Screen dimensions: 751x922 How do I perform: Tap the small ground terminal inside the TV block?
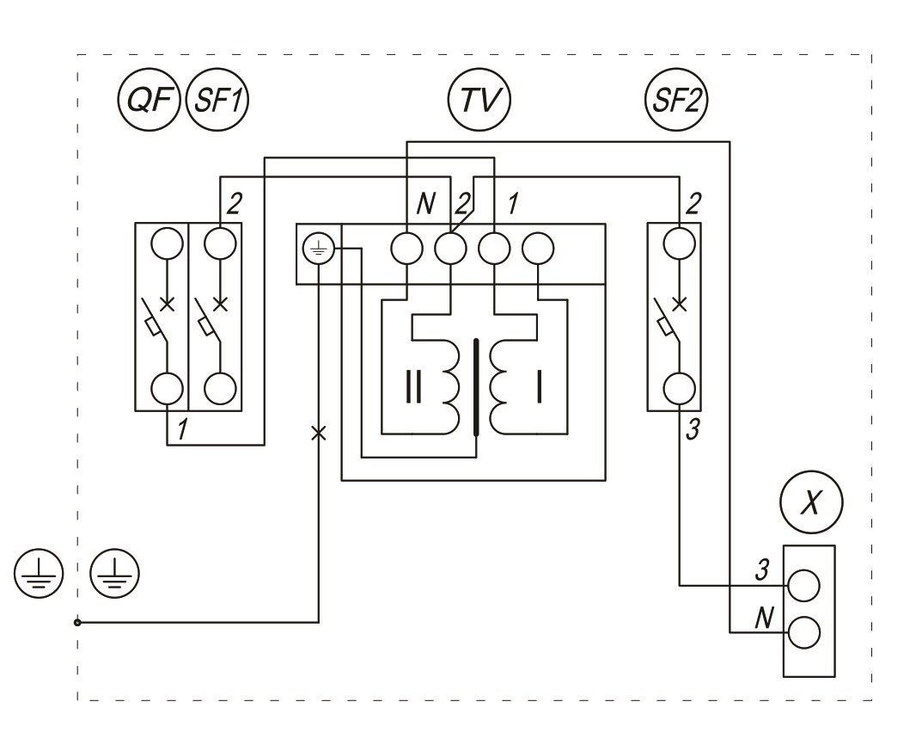(319, 250)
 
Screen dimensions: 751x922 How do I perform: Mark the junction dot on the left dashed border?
(77, 621)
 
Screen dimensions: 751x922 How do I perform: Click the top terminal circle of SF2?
(680, 243)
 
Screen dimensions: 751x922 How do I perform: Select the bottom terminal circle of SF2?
(680, 388)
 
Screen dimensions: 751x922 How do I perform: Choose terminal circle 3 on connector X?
(804, 586)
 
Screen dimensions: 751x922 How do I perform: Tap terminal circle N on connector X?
(804, 634)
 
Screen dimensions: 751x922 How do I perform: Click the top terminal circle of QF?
(166, 244)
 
